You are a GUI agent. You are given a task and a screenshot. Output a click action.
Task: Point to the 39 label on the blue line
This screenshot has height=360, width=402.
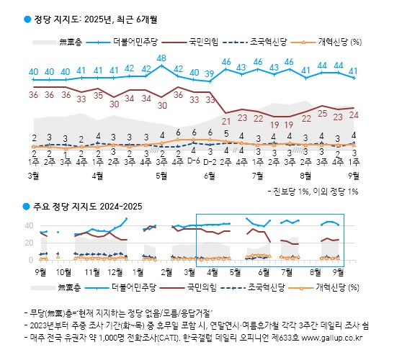[x=209, y=73]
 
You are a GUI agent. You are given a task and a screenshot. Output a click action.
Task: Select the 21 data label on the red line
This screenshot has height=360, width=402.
[x=226, y=120]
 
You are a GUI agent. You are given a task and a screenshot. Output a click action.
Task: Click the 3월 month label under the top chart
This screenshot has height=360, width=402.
[x=32, y=176]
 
